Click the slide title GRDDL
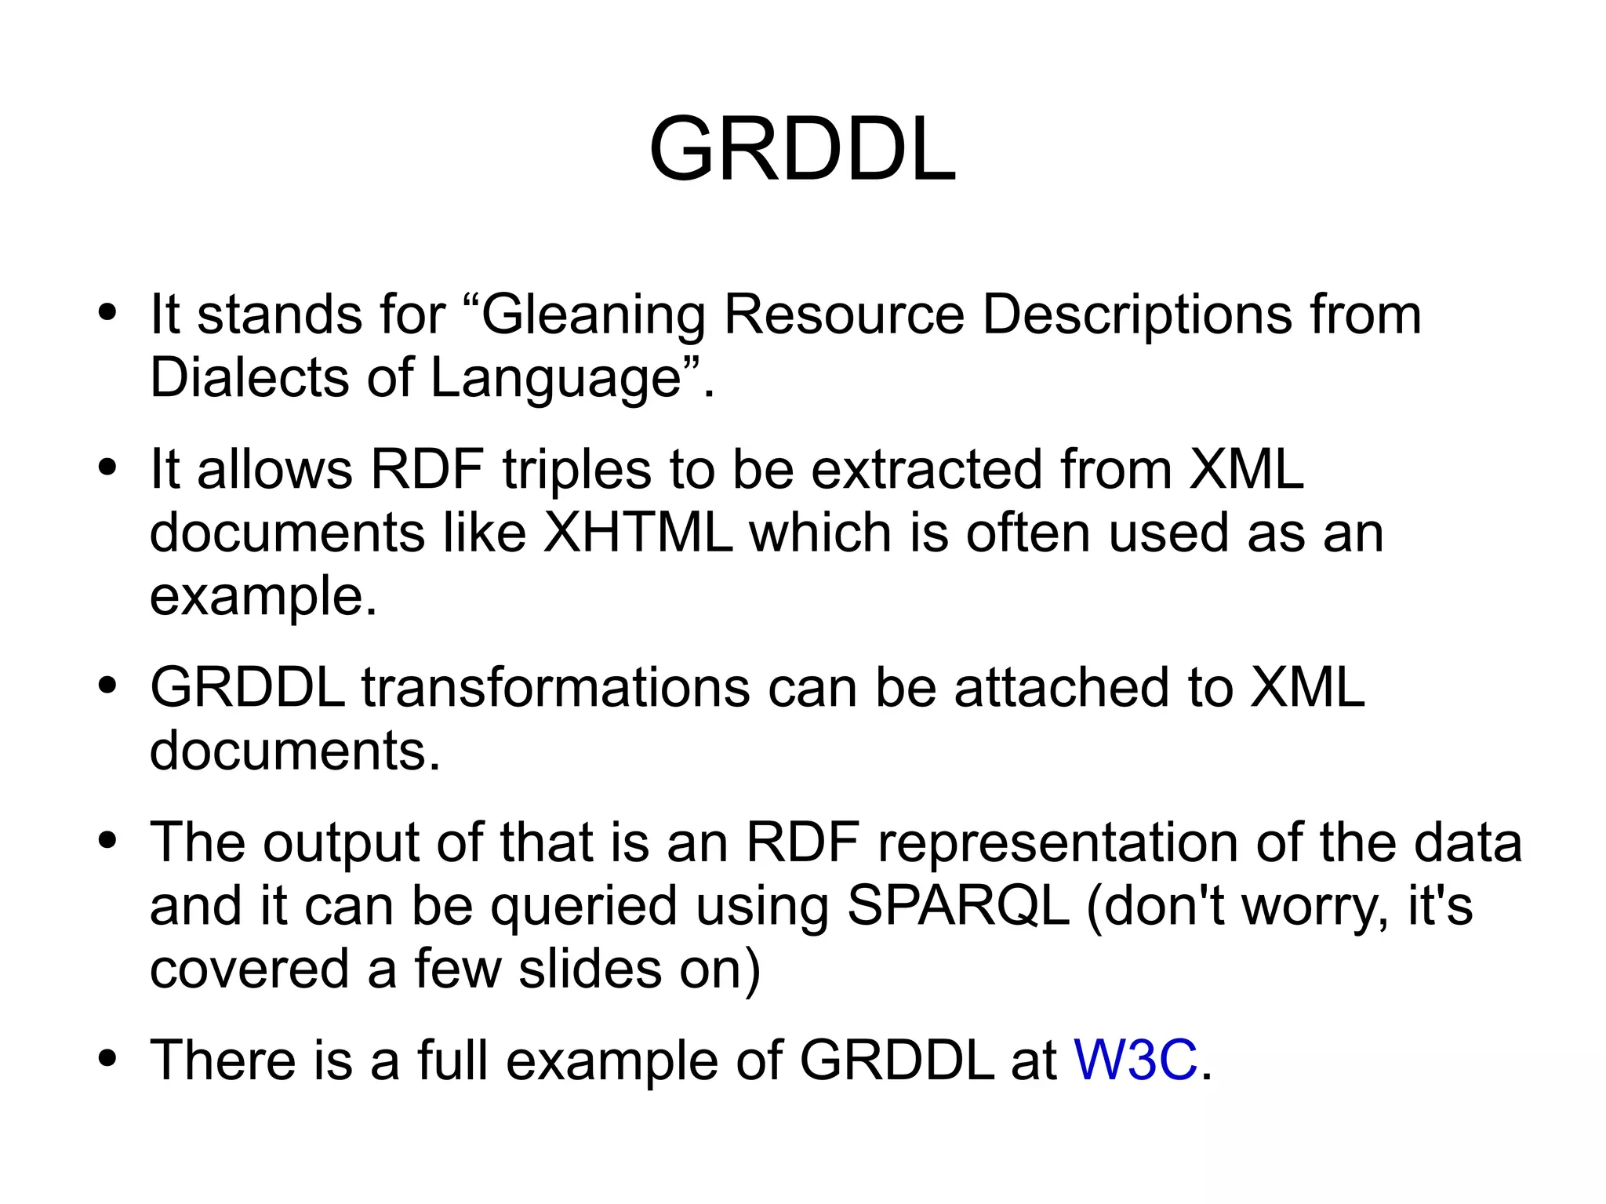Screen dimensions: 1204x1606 802,149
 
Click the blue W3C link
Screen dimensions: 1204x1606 1135,1060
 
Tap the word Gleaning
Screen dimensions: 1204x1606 593,315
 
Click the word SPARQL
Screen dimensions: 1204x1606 958,906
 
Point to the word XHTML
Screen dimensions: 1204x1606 638,533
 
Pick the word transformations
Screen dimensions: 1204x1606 555,688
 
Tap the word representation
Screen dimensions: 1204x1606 1058,843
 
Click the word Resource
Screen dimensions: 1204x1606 843,315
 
